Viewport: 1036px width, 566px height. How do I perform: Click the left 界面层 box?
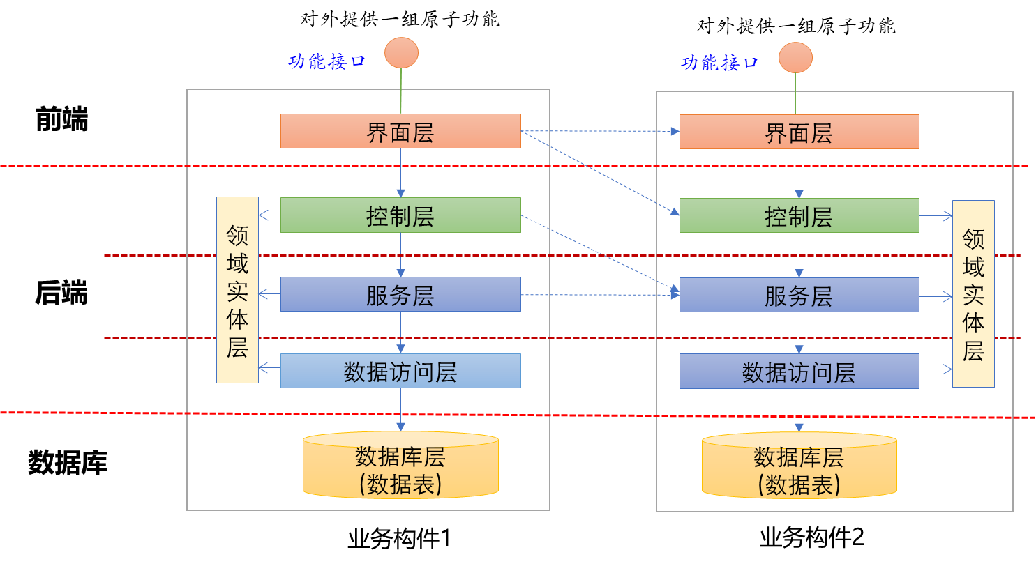(x=400, y=131)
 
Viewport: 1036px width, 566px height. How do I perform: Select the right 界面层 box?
(x=799, y=132)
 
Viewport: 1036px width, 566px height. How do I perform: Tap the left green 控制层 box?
(x=400, y=215)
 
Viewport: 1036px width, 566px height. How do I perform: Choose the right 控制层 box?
(x=799, y=215)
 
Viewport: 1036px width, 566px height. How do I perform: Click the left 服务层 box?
(x=400, y=294)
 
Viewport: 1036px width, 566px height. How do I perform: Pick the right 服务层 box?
(x=799, y=295)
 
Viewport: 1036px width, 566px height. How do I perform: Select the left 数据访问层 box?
(x=400, y=371)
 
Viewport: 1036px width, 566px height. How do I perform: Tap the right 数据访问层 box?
(x=799, y=371)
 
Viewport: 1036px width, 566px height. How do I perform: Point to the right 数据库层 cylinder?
(x=799, y=466)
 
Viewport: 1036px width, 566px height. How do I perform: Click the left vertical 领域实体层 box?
(x=237, y=290)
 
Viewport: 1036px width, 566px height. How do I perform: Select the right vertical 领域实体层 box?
(x=973, y=293)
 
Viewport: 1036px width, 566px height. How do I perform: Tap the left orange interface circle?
(x=401, y=53)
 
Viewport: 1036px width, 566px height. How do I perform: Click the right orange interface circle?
(x=795, y=57)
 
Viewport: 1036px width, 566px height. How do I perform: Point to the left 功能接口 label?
(x=327, y=61)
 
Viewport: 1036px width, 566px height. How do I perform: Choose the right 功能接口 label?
(x=719, y=63)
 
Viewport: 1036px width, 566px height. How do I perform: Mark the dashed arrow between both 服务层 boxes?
(x=600, y=295)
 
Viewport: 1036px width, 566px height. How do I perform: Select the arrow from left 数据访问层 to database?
(x=400, y=410)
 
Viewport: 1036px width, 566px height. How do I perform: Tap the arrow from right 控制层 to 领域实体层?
(x=936, y=215)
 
